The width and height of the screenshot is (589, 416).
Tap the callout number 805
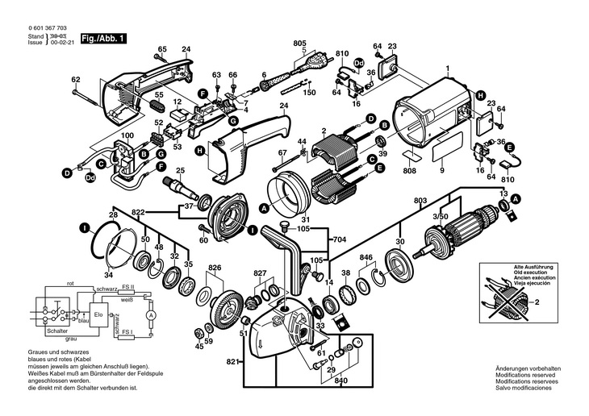click(300, 42)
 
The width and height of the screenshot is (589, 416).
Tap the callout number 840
click(341, 381)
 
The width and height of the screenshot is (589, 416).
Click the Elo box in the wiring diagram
click(98, 314)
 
